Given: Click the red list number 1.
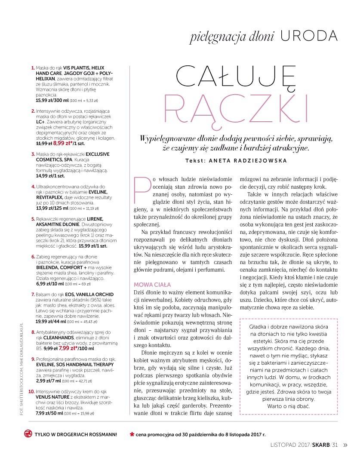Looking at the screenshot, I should pyautogui.click(x=33, y=68).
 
